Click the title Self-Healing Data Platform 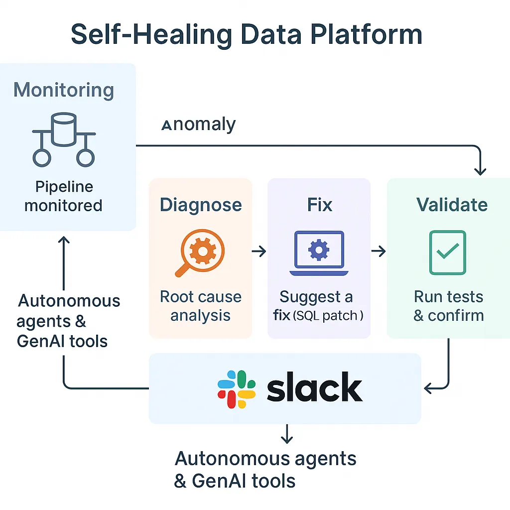247,35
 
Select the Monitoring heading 64,91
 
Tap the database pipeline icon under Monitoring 64,139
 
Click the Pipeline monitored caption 64,196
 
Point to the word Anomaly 199,125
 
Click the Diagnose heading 201,205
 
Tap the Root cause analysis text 201,306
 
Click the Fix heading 319,205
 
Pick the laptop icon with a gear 319,253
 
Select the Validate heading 452,205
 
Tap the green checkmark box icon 447,253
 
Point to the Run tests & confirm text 449,306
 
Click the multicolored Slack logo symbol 237,389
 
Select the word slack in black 314,389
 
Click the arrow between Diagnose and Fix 259,252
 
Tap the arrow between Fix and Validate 379,252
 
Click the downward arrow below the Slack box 286,435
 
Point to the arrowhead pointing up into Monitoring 64,240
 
